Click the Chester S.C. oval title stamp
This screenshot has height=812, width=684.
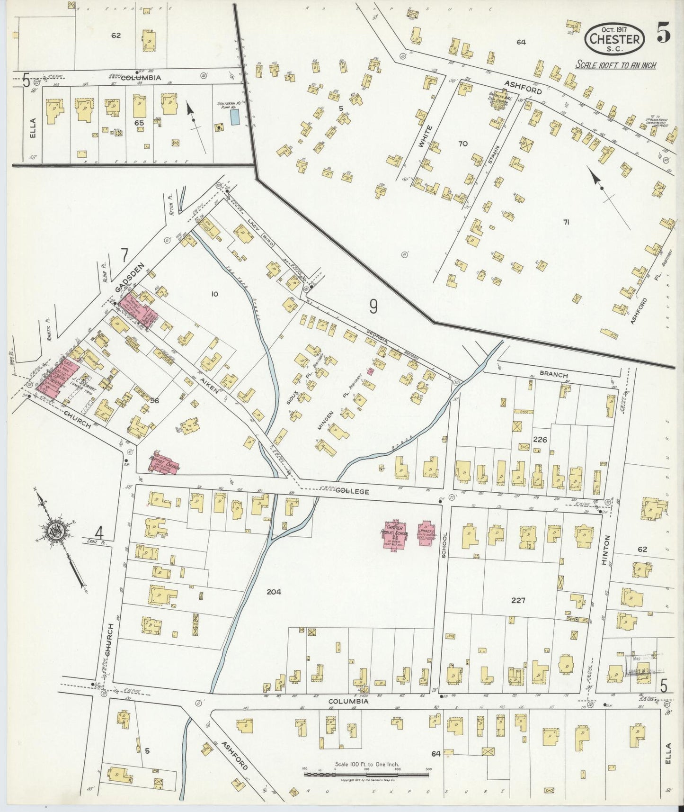click(x=615, y=37)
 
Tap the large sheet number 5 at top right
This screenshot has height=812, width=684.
click(x=663, y=34)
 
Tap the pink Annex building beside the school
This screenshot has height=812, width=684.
click(x=425, y=534)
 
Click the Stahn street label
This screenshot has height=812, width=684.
click(x=491, y=154)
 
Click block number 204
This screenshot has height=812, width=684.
click(x=274, y=591)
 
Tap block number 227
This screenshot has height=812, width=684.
click(x=518, y=600)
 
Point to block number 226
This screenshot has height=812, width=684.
click(x=540, y=439)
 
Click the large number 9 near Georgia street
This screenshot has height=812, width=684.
click(x=373, y=308)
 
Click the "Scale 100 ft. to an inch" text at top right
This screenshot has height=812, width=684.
click(x=615, y=65)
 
